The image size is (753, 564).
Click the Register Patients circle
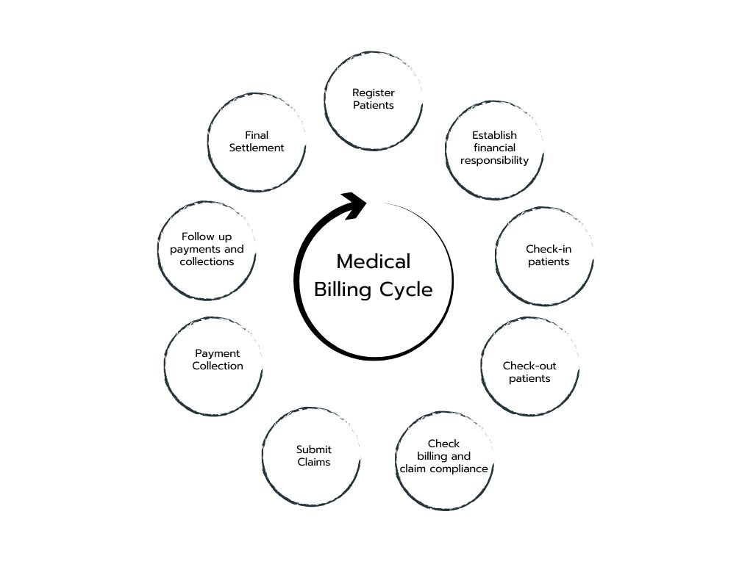click(x=374, y=100)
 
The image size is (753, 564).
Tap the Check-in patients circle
click(x=545, y=256)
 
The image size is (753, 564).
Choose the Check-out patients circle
click(x=530, y=366)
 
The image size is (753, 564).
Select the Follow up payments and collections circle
click(x=207, y=250)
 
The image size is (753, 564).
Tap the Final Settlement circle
click(x=257, y=142)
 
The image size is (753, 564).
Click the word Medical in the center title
click(x=374, y=261)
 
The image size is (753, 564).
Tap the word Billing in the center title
click(x=343, y=289)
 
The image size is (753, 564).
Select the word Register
click(x=374, y=93)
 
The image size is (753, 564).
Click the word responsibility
click(x=495, y=160)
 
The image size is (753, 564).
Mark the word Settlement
click(x=257, y=148)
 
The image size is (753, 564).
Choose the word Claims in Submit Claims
click(x=314, y=462)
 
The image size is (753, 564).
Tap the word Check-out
click(x=529, y=366)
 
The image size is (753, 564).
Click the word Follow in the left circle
click(x=197, y=236)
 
